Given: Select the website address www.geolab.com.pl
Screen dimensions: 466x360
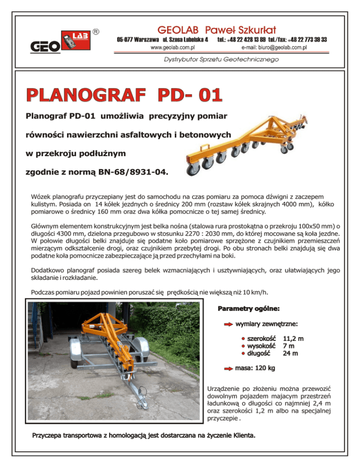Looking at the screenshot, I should pyautogui.click(x=172, y=48).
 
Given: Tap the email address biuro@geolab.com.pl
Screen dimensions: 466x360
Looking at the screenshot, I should pyautogui.click(x=274, y=48).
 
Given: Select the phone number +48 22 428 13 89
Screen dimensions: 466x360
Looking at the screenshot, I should pyautogui.click(x=249, y=39).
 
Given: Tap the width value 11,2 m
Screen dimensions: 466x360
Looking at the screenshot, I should pyautogui.click(x=293, y=338).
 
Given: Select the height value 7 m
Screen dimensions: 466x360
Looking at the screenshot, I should pyautogui.click(x=289, y=346).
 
